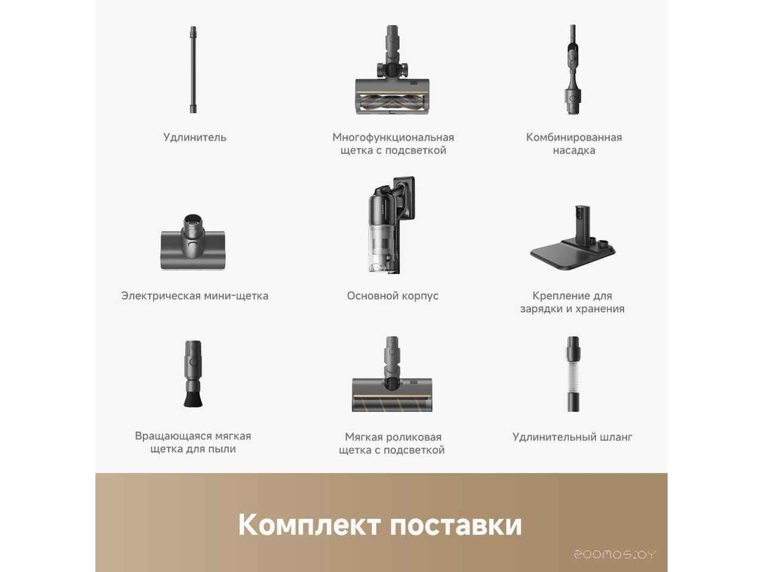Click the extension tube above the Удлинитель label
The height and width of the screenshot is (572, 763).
[x=193, y=70]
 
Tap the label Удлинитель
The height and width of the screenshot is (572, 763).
[x=195, y=138]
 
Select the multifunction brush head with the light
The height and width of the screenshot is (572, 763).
[x=392, y=70]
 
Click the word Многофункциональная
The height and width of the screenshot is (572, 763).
[x=393, y=138]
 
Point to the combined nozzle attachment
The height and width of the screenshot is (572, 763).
[x=573, y=70]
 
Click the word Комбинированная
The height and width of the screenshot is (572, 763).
[x=574, y=138]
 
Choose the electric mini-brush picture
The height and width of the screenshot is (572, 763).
[x=193, y=242]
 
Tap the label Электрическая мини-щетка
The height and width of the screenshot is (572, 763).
[x=195, y=296]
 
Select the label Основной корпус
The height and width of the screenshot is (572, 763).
[x=392, y=296]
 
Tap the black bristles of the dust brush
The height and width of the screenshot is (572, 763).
[x=193, y=399]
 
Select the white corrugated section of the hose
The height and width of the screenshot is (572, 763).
[x=573, y=375]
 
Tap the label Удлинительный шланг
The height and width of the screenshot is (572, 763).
[x=572, y=437]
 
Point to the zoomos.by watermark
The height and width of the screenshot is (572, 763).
[x=615, y=555]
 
